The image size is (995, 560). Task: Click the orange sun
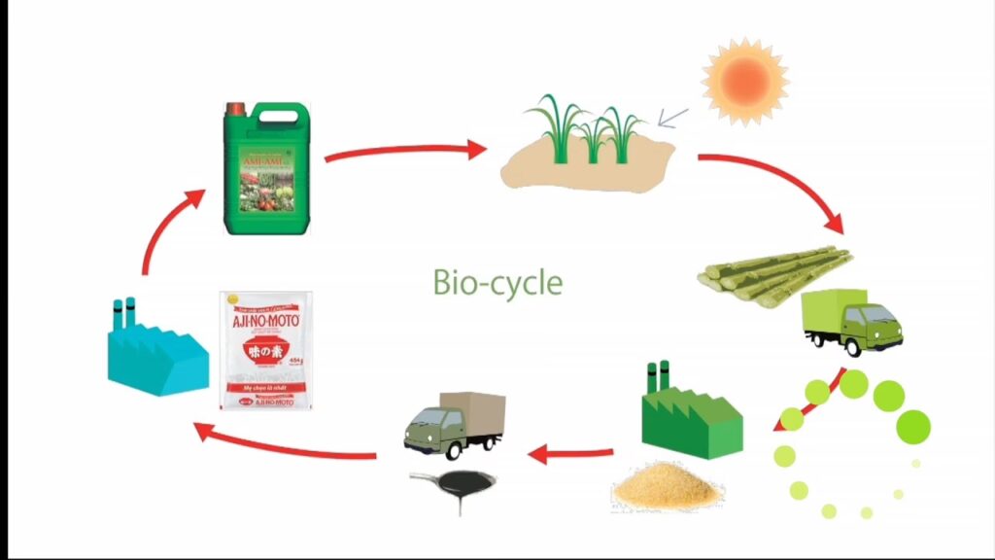click(745, 81)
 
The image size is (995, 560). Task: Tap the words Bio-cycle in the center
click(497, 282)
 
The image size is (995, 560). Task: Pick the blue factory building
click(156, 350)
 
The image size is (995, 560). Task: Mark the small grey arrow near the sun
click(672, 119)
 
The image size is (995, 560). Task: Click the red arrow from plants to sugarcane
click(777, 185)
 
